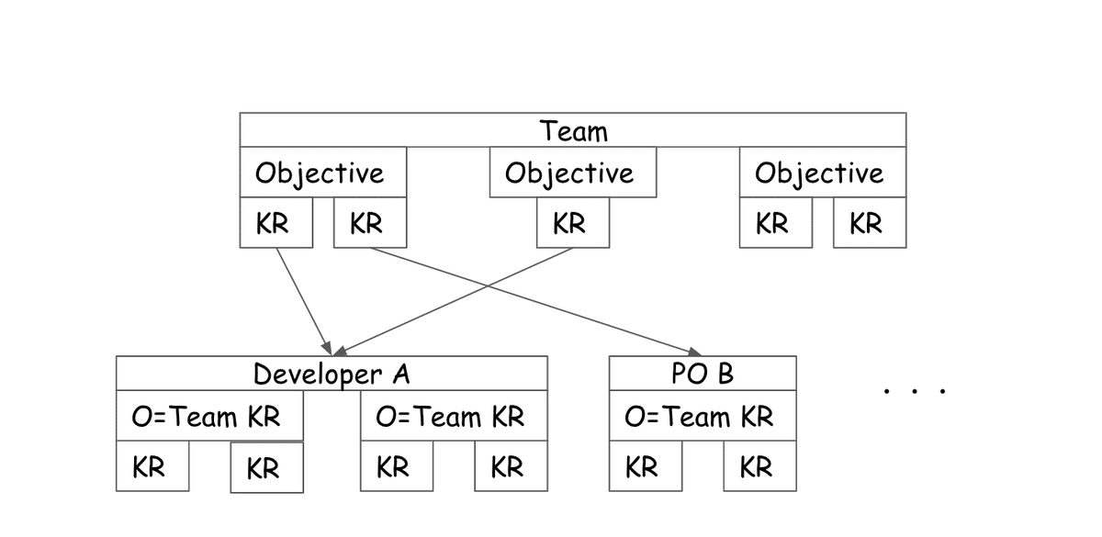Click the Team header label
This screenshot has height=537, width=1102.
tap(573, 130)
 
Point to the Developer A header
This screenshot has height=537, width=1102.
tap(332, 374)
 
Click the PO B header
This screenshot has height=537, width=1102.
tap(703, 374)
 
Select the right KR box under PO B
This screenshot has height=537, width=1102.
tap(759, 467)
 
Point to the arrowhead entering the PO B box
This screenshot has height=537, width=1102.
tap(695, 352)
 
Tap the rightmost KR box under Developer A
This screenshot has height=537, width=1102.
tap(510, 467)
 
